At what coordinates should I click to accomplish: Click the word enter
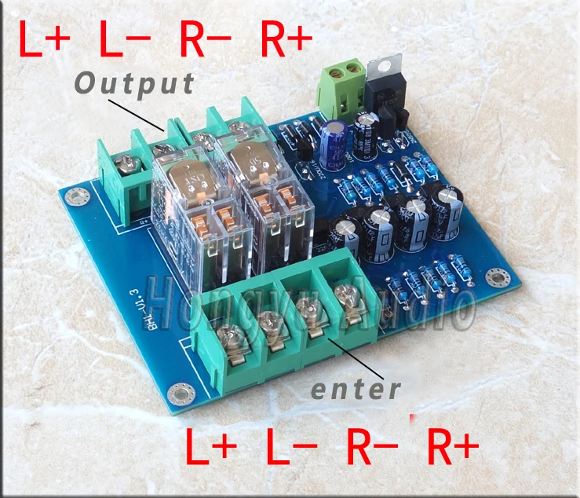pos(356,388)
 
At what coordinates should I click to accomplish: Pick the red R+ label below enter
pos(454,448)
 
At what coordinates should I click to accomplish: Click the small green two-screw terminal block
pos(341,84)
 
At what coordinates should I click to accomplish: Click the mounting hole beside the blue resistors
pos(494,277)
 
